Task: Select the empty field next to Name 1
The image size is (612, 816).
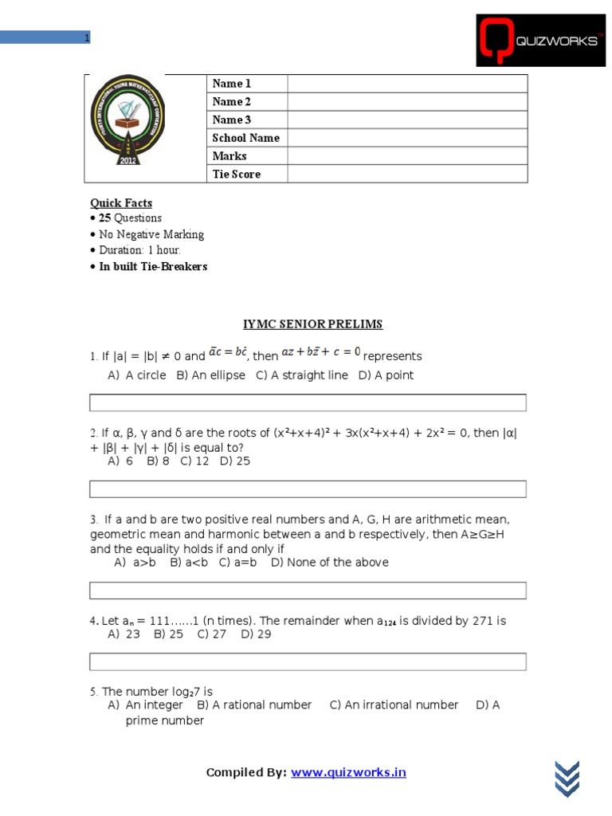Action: click(407, 84)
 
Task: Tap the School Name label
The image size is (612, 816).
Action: click(245, 138)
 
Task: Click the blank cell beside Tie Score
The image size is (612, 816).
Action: click(407, 174)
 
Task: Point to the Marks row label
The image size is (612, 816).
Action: click(229, 156)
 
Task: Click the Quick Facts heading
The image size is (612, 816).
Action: click(121, 203)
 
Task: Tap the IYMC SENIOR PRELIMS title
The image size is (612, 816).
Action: click(312, 324)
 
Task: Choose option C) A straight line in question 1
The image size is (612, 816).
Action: click(302, 375)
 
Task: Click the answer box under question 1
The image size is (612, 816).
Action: click(308, 402)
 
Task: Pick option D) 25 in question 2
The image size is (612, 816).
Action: click(235, 461)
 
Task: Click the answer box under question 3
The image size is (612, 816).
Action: click(308, 590)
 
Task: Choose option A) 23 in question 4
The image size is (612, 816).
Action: click(124, 634)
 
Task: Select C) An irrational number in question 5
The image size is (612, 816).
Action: click(394, 705)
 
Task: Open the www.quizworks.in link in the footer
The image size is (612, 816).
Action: click(348, 772)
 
